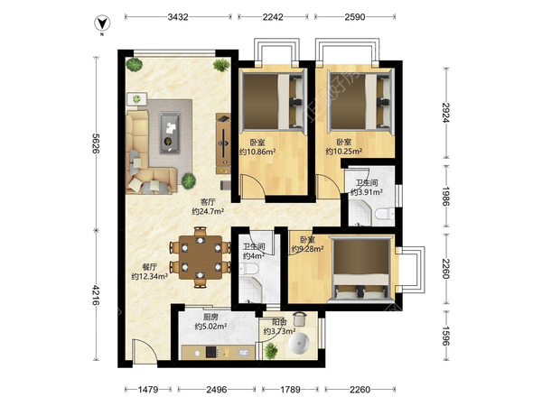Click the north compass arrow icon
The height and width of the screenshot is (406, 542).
click(102, 23)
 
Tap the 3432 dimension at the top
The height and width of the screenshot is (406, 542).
click(178, 17)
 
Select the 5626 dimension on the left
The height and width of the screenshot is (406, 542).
click(96, 143)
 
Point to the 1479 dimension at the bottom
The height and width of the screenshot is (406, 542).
click(148, 390)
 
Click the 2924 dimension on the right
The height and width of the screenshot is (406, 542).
click(446, 113)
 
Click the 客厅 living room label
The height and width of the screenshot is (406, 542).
click(208, 201)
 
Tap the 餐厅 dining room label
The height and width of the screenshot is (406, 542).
click(150, 267)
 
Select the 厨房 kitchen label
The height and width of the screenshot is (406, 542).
click(210, 317)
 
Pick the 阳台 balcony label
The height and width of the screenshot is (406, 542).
click(279, 322)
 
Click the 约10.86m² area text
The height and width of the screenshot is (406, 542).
click(257, 152)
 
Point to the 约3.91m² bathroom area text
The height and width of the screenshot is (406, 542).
click(367, 192)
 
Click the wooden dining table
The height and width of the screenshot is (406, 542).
click(201, 257)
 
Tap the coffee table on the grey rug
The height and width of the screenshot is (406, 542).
click(170, 133)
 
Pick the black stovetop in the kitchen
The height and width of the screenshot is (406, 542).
click(211, 352)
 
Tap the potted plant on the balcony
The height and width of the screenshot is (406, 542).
click(271, 351)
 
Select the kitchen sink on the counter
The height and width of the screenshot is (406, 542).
click(243, 353)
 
